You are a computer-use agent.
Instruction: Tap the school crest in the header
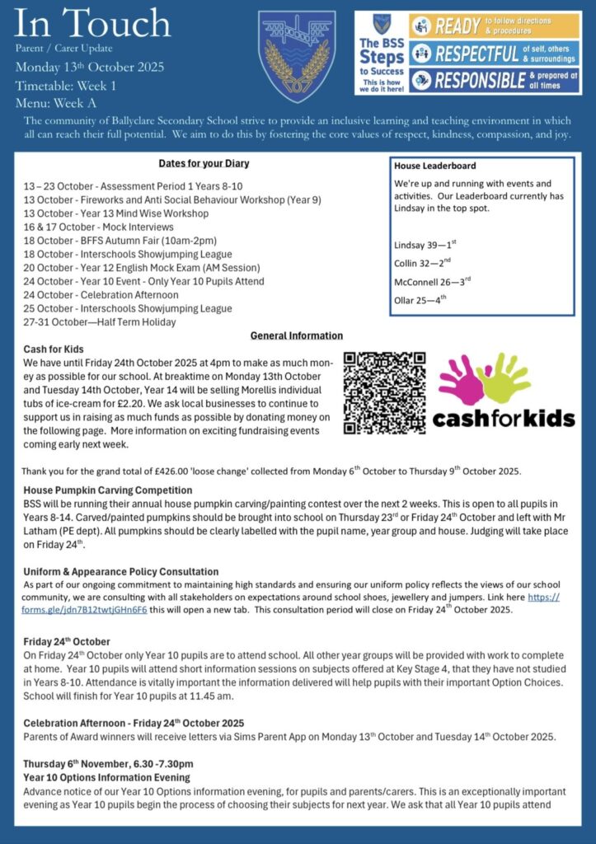coord(297,56)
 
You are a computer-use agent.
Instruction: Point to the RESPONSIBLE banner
coord(495,80)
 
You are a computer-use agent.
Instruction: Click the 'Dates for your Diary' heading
coord(204,164)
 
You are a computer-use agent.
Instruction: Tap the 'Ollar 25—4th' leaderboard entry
coord(420,299)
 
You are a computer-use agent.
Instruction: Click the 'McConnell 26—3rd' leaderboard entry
coord(433,281)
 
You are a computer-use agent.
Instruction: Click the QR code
coord(383,393)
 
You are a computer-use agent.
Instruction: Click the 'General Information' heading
coord(297,335)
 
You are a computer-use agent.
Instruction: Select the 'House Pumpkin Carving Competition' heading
coord(108,490)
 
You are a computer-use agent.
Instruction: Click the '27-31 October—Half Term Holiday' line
coord(100,322)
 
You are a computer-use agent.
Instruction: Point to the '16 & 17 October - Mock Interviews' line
coord(99,227)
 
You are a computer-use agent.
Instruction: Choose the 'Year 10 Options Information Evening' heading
coord(106,777)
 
